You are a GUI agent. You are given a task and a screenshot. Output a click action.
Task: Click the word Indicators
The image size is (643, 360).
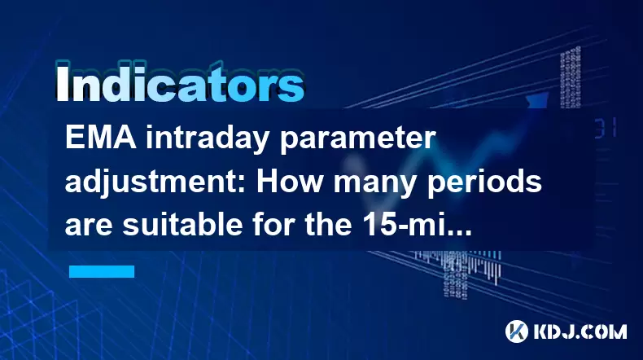coord(180,82)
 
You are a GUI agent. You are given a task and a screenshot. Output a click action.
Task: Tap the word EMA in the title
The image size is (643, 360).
coord(101,138)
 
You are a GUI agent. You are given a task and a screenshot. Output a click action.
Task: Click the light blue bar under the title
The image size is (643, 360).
coord(102,271)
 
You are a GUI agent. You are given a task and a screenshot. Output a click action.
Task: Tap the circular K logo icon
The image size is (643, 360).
coord(516,331)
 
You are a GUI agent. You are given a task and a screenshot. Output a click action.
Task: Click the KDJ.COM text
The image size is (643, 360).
coord(580,331)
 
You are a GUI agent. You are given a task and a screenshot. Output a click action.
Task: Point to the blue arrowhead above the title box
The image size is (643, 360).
coord(537,100)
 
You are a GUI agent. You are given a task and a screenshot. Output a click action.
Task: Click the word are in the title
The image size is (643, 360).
coord(89,227)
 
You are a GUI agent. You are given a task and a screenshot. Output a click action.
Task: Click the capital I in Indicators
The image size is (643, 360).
coord(62,83)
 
